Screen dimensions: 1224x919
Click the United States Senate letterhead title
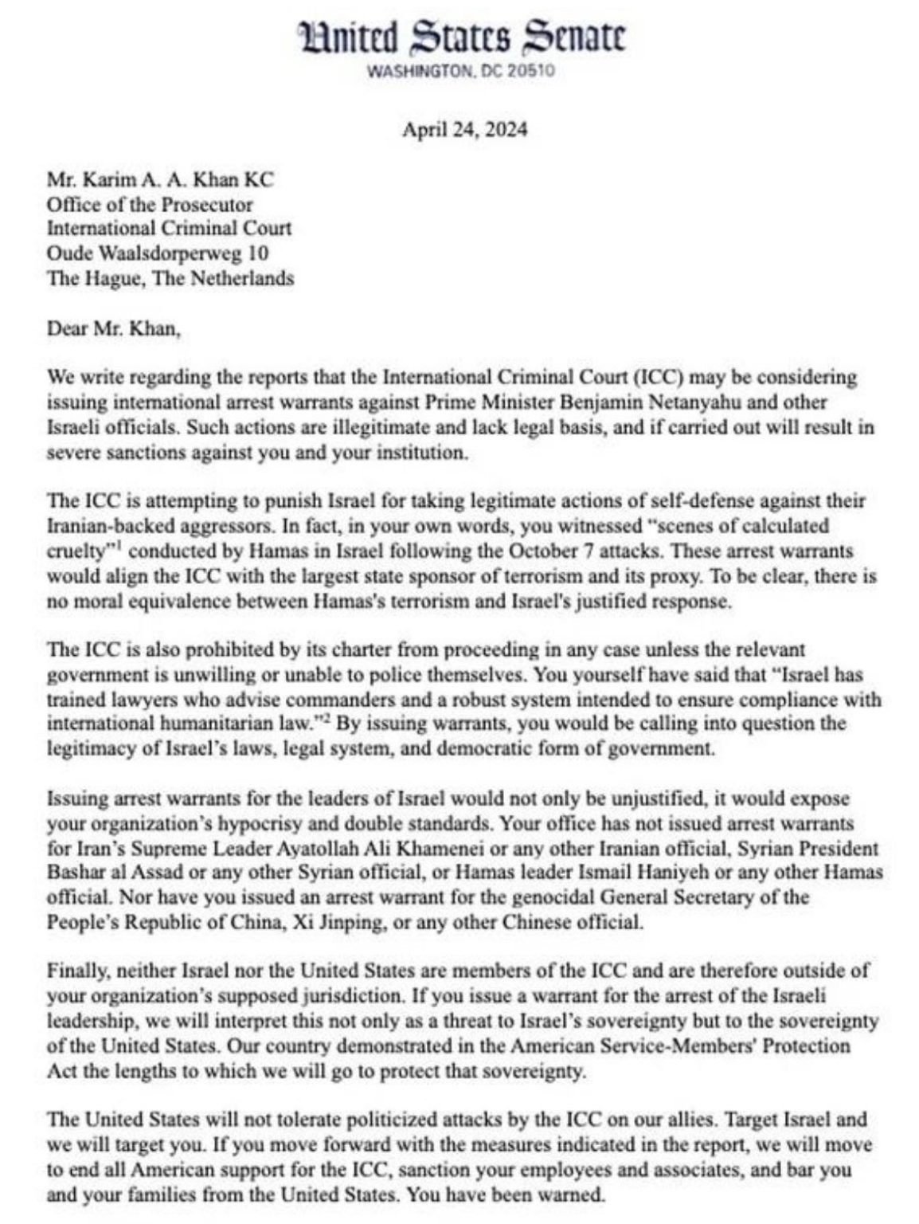click(x=460, y=37)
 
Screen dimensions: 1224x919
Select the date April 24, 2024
click(x=464, y=129)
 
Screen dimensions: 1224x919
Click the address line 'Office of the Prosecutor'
click(x=150, y=203)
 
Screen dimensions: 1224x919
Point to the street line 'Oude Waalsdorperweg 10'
click(x=158, y=253)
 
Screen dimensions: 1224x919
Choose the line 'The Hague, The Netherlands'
click(x=170, y=278)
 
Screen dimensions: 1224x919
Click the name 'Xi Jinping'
click(x=326, y=923)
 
